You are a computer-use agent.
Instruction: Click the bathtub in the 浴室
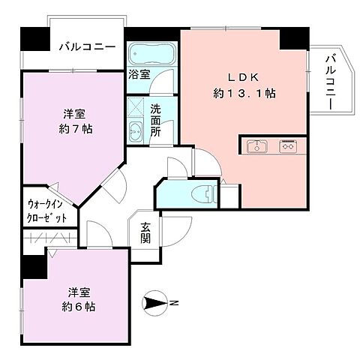point(151,55)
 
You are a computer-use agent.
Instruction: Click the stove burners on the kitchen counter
point(287,146)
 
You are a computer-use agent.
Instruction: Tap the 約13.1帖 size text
point(244,94)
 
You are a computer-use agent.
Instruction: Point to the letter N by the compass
point(173,303)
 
